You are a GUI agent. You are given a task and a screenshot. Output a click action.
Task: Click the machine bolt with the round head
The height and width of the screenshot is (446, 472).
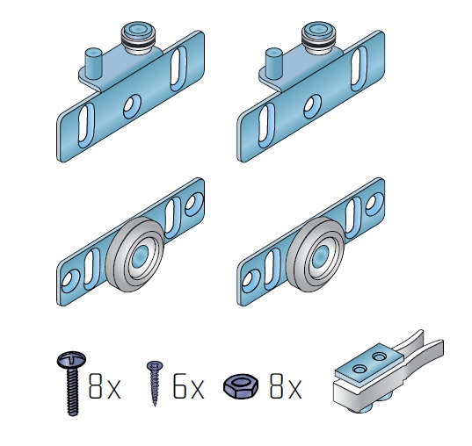click(72, 383)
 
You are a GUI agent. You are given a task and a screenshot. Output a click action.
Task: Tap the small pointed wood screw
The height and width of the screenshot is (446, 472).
click(155, 383)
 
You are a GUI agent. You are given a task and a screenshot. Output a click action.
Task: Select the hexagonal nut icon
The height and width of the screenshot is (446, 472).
click(241, 386)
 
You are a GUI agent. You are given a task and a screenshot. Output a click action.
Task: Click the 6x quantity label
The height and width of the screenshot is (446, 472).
click(189, 385)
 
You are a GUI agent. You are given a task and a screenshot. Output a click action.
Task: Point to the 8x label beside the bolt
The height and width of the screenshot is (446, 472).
click(105, 385)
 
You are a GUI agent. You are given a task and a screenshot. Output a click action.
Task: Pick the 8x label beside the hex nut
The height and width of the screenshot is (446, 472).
click(286, 385)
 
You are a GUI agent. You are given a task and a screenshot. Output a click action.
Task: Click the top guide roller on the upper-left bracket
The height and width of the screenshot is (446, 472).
click(138, 38)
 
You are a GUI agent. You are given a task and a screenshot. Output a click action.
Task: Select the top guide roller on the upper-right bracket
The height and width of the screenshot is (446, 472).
click(318, 38)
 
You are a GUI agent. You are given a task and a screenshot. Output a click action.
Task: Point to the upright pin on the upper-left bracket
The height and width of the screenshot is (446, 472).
click(93, 64)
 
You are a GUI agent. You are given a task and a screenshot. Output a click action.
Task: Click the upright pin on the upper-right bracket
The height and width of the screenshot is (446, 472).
click(273, 64)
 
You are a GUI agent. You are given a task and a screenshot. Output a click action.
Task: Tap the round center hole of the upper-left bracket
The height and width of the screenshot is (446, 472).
click(132, 105)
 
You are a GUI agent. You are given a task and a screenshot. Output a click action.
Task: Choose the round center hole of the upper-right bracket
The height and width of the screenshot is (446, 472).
click(312, 105)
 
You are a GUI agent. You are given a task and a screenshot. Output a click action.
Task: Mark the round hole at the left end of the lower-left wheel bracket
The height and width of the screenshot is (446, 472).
click(70, 280)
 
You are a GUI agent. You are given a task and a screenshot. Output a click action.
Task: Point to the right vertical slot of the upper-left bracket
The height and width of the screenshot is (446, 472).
click(178, 68)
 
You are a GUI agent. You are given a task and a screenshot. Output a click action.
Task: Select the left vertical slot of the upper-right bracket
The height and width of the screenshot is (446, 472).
click(266, 126)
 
